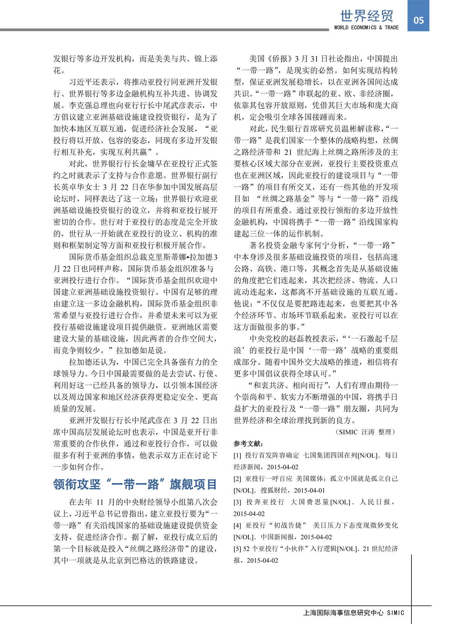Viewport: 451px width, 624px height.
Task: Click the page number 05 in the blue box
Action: (418, 20)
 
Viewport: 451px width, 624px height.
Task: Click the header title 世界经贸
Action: (366, 16)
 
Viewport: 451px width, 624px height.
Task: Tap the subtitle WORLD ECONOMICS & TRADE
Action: (366, 27)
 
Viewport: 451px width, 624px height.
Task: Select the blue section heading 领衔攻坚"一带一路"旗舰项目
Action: (135, 484)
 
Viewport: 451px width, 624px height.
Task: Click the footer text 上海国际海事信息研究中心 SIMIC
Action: (354, 613)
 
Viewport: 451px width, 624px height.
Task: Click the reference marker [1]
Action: (237, 455)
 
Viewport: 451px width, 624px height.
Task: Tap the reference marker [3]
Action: (237, 502)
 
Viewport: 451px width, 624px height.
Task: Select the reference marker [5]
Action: (237, 549)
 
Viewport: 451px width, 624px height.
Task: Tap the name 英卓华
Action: (80, 187)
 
